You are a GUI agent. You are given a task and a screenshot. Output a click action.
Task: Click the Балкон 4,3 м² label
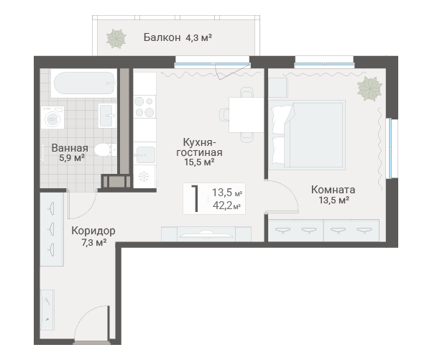pos(178,37)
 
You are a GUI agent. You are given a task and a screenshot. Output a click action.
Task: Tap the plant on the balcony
pos(116,38)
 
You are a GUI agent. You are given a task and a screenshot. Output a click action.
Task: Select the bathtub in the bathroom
pos(84,83)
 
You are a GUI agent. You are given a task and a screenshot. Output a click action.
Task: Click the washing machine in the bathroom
pos(52,118)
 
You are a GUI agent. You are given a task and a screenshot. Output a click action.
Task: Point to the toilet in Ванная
pos(106,150)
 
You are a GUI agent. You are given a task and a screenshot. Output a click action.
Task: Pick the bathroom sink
pos(107,116)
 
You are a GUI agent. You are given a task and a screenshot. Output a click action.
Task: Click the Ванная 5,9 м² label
pos(70,152)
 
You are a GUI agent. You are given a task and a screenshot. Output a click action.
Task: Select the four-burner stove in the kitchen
pos(144,107)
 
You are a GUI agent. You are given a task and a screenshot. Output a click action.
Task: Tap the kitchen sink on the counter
pos(144,154)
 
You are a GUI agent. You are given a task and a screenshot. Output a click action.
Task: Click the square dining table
pos(247,115)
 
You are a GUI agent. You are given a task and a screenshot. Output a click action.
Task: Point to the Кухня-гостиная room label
pos(199,147)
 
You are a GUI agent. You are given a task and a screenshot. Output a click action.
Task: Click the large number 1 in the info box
pos(196,198)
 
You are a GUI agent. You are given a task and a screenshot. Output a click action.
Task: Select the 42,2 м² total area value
pos(227,206)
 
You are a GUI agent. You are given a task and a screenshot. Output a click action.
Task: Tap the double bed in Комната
pos(307,135)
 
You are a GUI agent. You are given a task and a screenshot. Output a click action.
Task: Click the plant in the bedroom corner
pos(369,88)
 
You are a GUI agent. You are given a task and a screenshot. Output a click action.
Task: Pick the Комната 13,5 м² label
pos(334,195)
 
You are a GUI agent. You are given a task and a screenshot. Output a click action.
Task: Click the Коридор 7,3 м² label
pos(93,236)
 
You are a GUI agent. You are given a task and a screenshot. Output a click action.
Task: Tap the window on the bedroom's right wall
pos(390,149)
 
